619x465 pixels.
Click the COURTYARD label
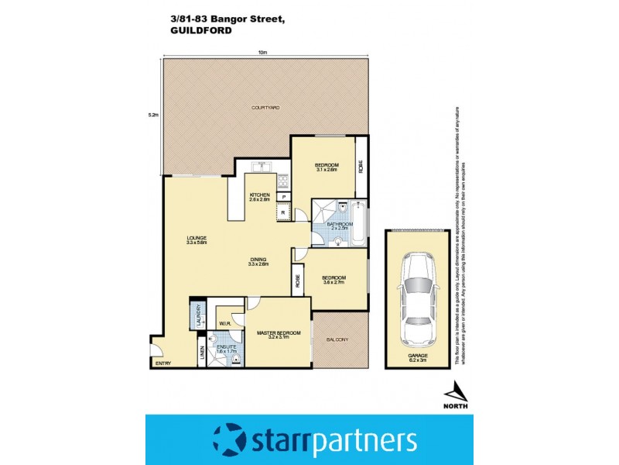click(x=264, y=107)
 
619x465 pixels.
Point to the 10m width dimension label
click(x=263, y=52)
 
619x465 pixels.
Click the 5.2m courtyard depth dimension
click(x=153, y=115)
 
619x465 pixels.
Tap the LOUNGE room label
click(x=195, y=238)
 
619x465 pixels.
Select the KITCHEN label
click(x=258, y=195)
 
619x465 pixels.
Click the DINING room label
click(x=258, y=260)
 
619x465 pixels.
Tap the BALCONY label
click(x=337, y=339)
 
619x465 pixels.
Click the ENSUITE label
click(x=226, y=347)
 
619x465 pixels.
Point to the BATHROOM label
click(x=340, y=223)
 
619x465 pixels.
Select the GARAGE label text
click(x=418, y=356)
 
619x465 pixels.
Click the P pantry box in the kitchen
click(x=284, y=198)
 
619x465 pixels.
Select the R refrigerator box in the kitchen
click(x=284, y=212)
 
